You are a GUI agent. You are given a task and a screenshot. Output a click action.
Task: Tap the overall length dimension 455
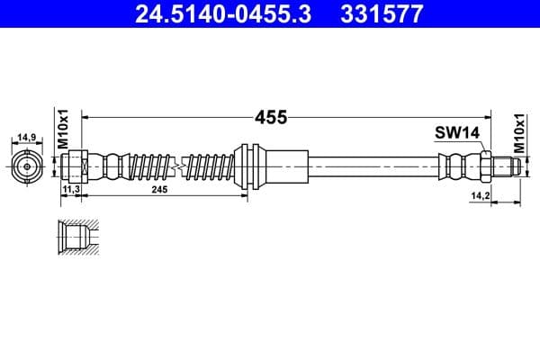click(269, 117)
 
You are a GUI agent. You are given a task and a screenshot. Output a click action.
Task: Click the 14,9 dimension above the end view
click(26, 138)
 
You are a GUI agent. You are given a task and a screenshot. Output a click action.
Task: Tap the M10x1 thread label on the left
click(63, 129)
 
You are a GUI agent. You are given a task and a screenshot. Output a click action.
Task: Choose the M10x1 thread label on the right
click(519, 130)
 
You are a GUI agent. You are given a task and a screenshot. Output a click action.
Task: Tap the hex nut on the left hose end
click(77, 166)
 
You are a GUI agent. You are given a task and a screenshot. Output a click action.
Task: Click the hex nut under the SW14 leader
click(485, 166)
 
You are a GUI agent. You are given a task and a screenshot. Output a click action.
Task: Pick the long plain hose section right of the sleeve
click(373, 166)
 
